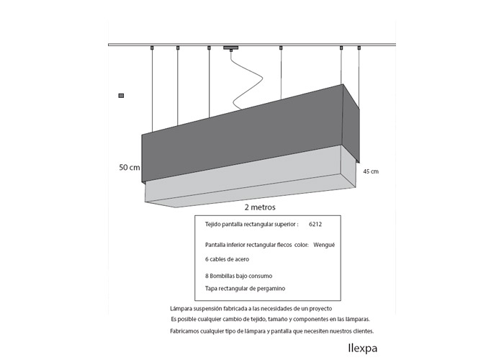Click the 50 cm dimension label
pos(130,168)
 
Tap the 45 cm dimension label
pos(371,171)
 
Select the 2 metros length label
pos(260,207)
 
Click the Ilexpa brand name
pos(363,348)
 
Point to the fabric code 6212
pos(315,225)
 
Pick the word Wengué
pos(324,245)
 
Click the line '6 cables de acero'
pos(227,259)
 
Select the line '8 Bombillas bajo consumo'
pos(238,276)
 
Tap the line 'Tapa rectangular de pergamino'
pos(245,289)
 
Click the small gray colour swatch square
pos(121,96)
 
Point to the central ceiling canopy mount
pos(231,48)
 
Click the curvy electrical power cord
pos(247,81)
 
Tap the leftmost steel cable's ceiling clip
pos(152,48)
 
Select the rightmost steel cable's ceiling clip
pos(359,48)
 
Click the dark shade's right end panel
pos(351,123)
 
